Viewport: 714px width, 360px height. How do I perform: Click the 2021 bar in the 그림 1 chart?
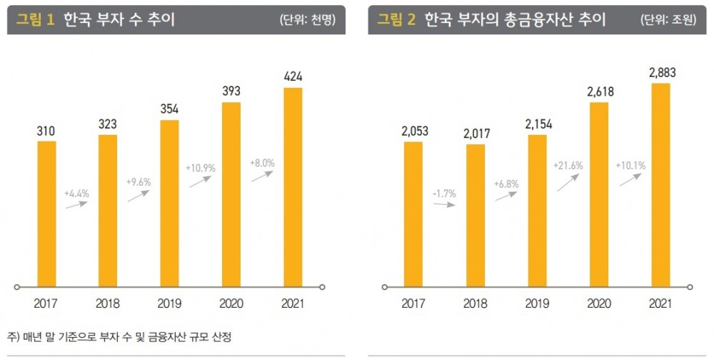(x=293, y=187)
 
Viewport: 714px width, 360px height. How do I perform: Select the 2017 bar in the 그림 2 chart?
(x=413, y=214)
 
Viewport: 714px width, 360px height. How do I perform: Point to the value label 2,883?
(x=662, y=73)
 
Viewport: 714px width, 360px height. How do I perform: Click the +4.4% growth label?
(x=76, y=193)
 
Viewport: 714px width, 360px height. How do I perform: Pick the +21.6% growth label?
(x=568, y=166)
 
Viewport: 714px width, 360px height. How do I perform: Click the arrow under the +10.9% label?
(x=201, y=181)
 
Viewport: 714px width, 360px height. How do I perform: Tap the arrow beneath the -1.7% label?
(x=445, y=204)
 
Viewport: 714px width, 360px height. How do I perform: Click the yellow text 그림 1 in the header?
(x=36, y=20)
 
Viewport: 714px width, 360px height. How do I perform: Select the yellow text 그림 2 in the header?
(x=396, y=20)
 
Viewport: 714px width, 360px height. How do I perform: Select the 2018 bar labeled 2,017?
(x=475, y=216)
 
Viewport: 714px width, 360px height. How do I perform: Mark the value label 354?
(x=169, y=109)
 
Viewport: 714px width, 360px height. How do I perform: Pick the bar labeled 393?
(x=231, y=194)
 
